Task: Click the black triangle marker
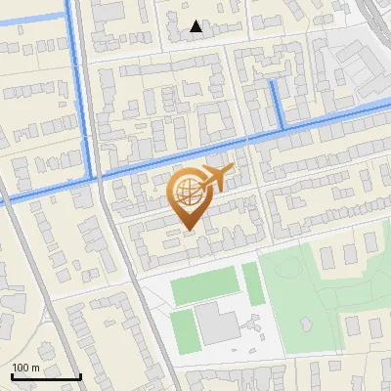196,26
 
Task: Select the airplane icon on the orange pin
217,178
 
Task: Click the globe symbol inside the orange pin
186,192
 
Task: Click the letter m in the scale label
35,368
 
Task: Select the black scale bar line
45,376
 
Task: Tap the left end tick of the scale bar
12,373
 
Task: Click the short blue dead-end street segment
276,102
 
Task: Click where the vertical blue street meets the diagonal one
96,177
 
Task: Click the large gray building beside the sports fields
217,323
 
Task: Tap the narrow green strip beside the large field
252,283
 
